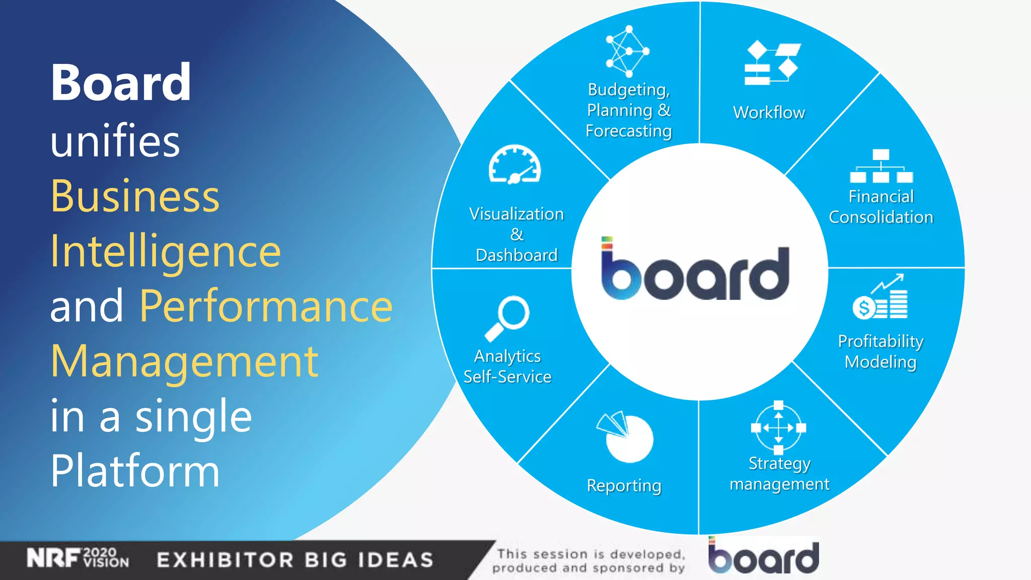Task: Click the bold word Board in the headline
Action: (x=121, y=83)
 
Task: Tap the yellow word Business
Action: (x=135, y=196)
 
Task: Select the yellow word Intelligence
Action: (x=165, y=251)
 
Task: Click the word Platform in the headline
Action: (x=135, y=471)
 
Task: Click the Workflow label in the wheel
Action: (x=769, y=112)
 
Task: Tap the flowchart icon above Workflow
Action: (x=772, y=63)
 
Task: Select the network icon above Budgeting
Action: (x=627, y=51)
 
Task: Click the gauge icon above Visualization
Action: (x=514, y=165)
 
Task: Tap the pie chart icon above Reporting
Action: (x=625, y=437)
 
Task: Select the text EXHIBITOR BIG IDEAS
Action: (x=295, y=560)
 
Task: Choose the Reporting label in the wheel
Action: (x=624, y=485)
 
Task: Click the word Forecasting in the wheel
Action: (x=628, y=131)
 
